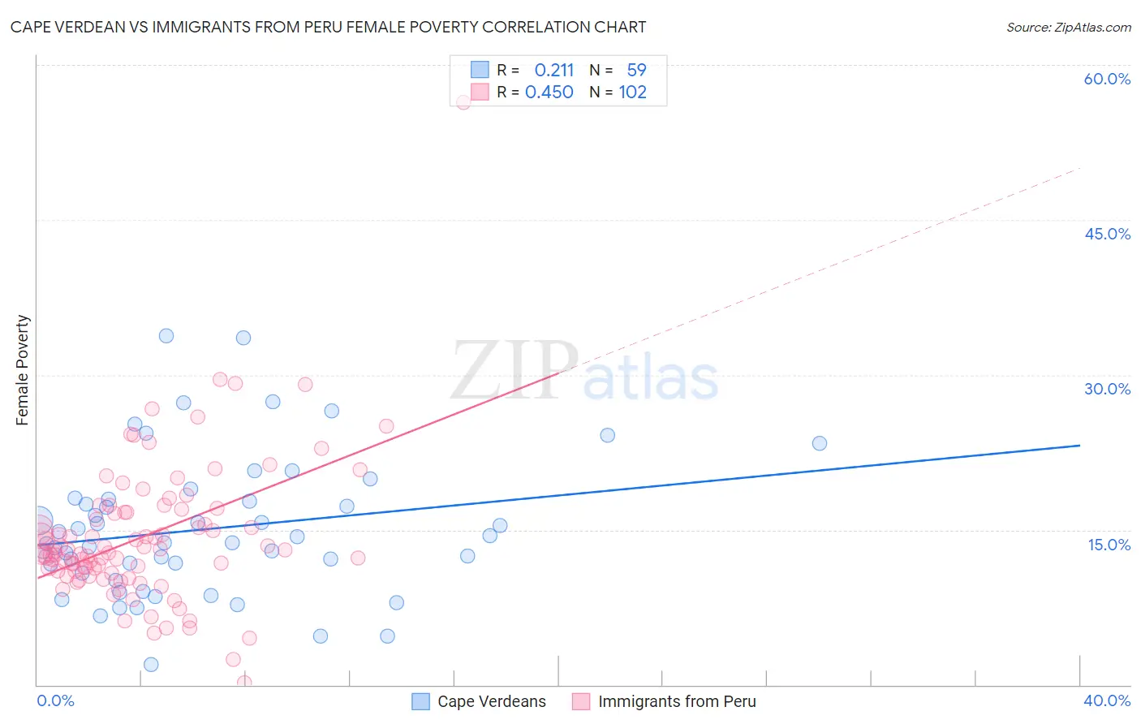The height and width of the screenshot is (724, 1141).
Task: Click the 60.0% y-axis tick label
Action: click(x=1107, y=79)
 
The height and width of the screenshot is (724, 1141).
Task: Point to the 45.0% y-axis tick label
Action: click(x=1107, y=234)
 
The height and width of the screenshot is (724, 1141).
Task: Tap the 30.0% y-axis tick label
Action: click(x=1107, y=389)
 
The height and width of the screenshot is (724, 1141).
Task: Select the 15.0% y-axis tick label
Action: click(x=1109, y=545)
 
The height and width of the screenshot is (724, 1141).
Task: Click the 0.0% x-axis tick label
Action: click(x=55, y=700)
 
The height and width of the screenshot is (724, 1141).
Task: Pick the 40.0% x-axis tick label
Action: click(x=1107, y=700)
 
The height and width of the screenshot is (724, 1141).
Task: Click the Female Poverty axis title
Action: click(x=23, y=370)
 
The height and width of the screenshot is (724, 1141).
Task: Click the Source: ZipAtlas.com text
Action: click(x=1068, y=28)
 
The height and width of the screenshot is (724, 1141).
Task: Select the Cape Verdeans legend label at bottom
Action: click(x=491, y=701)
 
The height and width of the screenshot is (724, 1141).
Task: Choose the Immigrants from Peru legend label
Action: click(x=677, y=701)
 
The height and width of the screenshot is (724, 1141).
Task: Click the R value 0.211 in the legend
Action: click(x=553, y=71)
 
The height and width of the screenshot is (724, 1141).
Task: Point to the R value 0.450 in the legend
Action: click(x=549, y=93)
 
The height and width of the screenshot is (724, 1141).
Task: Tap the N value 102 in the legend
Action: click(x=632, y=93)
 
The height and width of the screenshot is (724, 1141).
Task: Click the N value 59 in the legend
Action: click(x=636, y=71)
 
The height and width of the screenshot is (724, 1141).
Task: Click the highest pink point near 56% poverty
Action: click(x=463, y=102)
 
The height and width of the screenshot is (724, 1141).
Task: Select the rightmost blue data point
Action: click(x=820, y=443)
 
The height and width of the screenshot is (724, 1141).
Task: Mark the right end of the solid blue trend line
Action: click(x=1079, y=446)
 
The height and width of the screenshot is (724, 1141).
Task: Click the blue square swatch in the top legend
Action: click(x=480, y=70)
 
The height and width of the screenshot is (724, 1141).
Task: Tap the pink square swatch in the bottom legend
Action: click(x=580, y=701)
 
